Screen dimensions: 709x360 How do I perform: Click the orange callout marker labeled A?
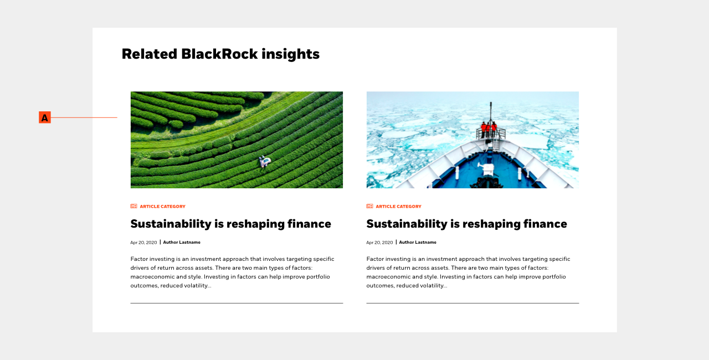click(45, 117)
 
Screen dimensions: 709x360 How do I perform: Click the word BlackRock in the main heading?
click(219, 54)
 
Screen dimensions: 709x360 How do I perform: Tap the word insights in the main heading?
click(291, 54)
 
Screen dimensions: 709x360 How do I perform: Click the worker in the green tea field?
click(265, 161)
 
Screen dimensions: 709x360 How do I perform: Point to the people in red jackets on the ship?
click(489, 128)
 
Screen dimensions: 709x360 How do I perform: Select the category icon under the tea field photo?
click(133, 206)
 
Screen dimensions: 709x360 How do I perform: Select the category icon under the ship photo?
click(369, 206)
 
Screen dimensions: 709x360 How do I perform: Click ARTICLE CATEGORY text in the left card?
click(163, 207)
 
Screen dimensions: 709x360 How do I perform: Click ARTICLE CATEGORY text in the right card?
click(398, 207)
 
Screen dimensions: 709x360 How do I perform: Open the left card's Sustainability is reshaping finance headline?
click(231, 224)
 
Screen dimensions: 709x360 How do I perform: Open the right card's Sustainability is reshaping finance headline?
click(466, 224)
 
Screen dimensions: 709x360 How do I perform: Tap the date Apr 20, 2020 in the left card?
click(143, 243)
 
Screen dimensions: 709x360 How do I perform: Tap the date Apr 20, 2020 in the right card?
click(379, 243)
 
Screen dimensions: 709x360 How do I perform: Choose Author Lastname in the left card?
click(182, 243)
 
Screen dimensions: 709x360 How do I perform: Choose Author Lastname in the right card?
click(418, 243)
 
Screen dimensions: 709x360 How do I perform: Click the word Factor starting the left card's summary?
click(139, 259)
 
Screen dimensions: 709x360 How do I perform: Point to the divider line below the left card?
click(237, 303)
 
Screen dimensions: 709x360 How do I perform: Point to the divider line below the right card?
click(472, 303)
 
